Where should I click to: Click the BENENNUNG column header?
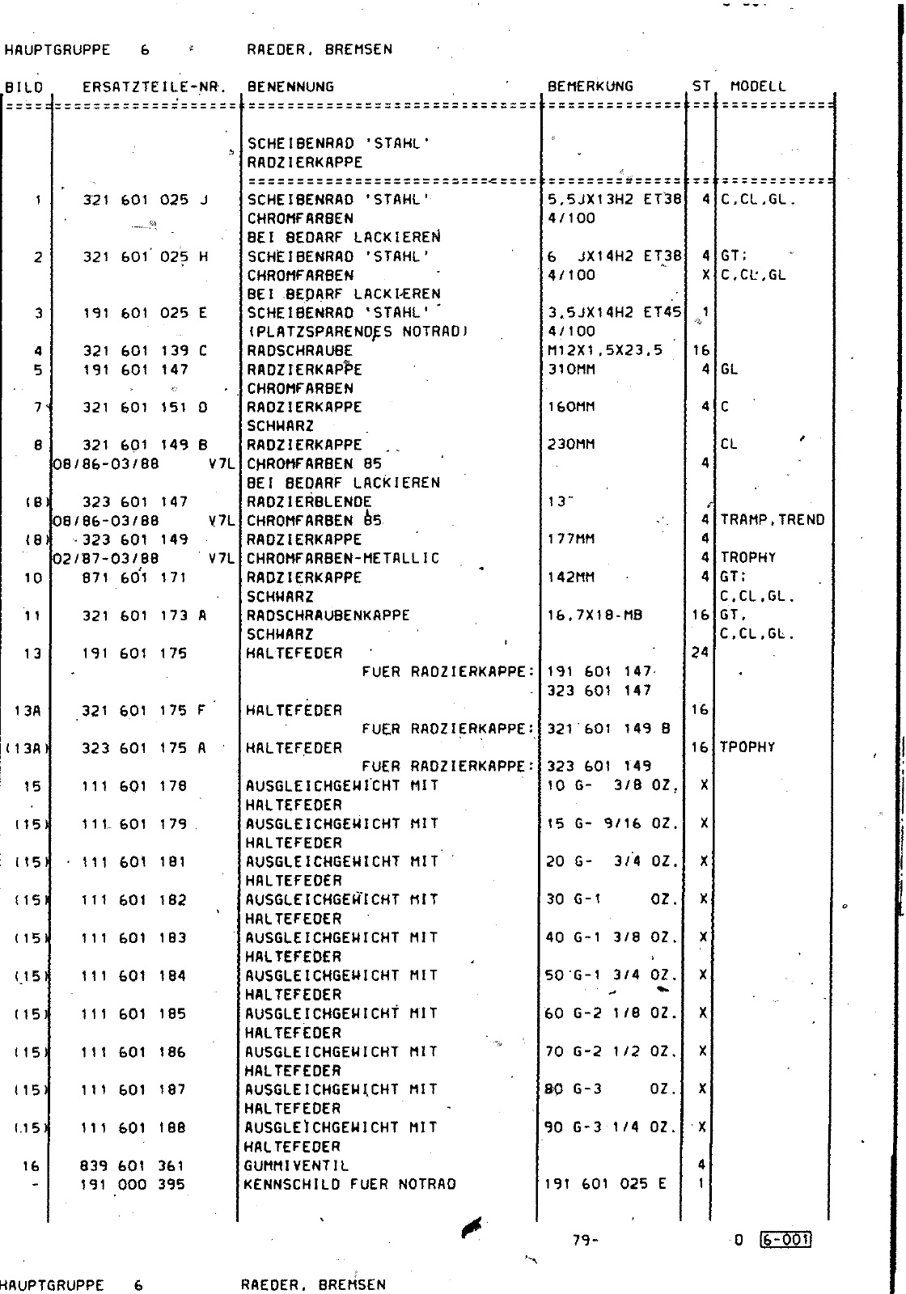point(290,87)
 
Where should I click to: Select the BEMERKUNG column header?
point(591,86)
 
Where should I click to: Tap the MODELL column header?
point(758,86)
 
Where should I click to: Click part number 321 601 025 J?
point(146,200)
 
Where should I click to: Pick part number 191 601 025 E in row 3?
point(146,313)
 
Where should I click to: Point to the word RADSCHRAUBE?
point(300,351)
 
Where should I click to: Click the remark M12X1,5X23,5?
point(604,350)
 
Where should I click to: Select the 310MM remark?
point(571,370)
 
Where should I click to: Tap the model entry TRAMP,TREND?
point(773,520)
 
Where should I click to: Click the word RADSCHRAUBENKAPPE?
point(328,615)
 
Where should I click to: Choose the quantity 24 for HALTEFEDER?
point(700,653)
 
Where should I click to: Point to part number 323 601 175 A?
point(144,748)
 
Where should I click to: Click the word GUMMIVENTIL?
point(297,1165)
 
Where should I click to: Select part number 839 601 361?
point(133,1165)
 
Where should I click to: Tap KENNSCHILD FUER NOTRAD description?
point(349,1185)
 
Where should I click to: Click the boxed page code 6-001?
point(785,1240)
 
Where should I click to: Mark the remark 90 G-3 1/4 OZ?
point(611,1127)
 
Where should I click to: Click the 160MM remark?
point(571,407)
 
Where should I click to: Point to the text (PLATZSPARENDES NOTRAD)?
point(357,332)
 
